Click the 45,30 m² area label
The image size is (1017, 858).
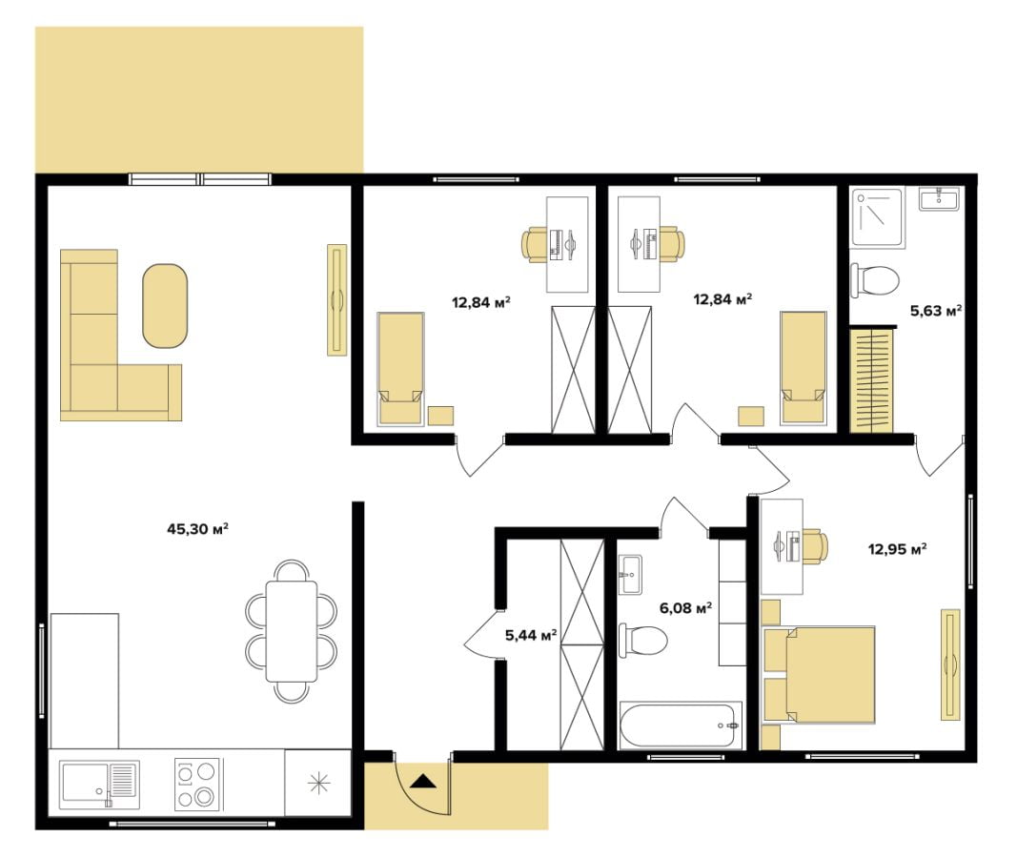[x=198, y=529]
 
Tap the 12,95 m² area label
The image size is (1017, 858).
[x=897, y=549]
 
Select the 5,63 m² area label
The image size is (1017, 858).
[x=935, y=311]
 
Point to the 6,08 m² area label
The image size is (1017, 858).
[x=685, y=607]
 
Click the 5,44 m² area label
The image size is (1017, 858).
[x=531, y=635]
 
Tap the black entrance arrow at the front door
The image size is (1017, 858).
[x=424, y=781]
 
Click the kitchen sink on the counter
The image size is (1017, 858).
[x=99, y=784]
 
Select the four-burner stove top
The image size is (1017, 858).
[x=197, y=785]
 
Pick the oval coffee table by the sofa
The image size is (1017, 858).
[x=165, y=305]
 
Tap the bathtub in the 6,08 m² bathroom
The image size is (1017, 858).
[x=681, y=725]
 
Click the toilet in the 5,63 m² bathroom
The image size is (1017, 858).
[x=874, y=280]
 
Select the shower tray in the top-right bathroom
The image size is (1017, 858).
[x=876, y=217]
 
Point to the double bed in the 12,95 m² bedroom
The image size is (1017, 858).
[x=820, y=674]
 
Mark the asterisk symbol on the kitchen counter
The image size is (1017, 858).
[x=318, y=784]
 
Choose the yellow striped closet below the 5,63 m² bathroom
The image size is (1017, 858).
[x=872, y=380]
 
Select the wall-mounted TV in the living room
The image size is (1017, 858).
[x=336, y=299]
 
